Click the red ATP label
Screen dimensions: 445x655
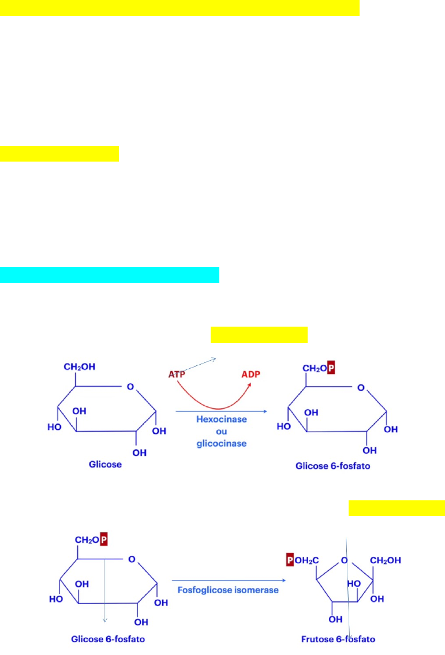[177, 375]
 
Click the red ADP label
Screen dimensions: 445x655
[250, 375]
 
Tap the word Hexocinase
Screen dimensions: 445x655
[222, 419]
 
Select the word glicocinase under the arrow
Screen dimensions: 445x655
[222, 443]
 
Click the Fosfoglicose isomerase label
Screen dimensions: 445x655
[228, 590]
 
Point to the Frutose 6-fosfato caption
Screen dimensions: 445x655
[338, 639]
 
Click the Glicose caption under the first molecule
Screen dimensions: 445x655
[105, 464]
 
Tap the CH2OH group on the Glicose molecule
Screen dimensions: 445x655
[80, 367]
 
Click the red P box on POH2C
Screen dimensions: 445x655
[290, 560]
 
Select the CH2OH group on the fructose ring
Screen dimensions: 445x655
[385, 560]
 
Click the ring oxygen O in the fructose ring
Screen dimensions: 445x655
[345, 560]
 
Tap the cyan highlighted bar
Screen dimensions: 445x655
[110, 275]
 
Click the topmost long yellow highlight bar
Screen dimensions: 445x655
[180, 8]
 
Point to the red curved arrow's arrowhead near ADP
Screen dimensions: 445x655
[249, 384]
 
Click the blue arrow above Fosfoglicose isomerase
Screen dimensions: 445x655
[229, 580]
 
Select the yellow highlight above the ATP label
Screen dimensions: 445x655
[259, 335]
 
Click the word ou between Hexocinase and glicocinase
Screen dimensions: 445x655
[222, 432]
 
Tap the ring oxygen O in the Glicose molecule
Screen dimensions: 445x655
[130, 387]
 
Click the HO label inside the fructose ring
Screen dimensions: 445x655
[354, 583]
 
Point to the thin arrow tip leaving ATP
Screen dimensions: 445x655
[216, 358]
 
